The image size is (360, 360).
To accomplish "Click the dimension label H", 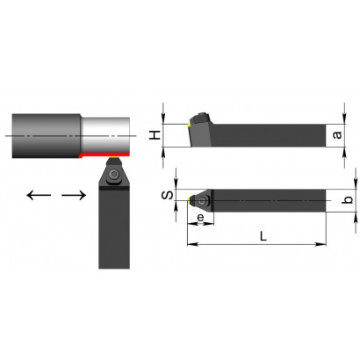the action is pyautogui.click(x=155, y=135).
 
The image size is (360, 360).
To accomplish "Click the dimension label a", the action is pyautogui.click(x=337, y=135).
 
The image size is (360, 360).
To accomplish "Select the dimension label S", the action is pyautogui.click(x=168, y=195).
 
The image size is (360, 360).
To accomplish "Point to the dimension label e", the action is pyautogui.click(x=200, y=218).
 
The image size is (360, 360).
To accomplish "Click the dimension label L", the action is pyautogui.click(x=263, y=236).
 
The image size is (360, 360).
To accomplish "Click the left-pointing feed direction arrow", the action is pyautogui.click(x=39, y=195).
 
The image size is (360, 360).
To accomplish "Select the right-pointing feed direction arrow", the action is pyautogui.click(x=74, y=195).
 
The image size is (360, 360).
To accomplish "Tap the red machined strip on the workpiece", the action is pyautogui.click(x=104, y=155).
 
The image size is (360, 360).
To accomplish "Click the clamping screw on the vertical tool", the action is pyautogui.click(x=113, y=175).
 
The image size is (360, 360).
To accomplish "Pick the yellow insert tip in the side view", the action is pyautogui.click(x=189, y=126).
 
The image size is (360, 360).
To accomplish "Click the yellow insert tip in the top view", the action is pyautogui.click(x=189, y=200).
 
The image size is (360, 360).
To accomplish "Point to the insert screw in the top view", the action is pyautogui.click(x=202, y=201).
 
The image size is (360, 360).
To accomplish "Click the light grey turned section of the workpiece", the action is pyautogui.click(x=105, y=135).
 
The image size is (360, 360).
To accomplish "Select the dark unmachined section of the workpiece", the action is pyautogui.click(x=47, y=136).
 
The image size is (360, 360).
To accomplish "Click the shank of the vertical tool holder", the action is pyautogui.click(x=114, y=229).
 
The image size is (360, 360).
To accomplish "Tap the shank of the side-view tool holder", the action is pyautogui.click(x=269, y=135).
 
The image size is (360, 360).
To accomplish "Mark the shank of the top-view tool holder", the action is pyautogui.click(x=270, y=200).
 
